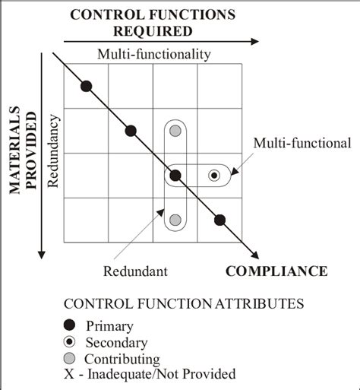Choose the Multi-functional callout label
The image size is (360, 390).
click(x=302, y=142)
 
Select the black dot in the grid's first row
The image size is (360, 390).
click(x=87, y=86)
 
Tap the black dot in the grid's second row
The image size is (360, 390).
click(x=131, y=131)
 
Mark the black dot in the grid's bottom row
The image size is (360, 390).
click(x=219, y=220)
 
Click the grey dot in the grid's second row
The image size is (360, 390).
click(x=175, y=131)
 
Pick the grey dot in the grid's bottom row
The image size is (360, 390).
click(x=175, y=220)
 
